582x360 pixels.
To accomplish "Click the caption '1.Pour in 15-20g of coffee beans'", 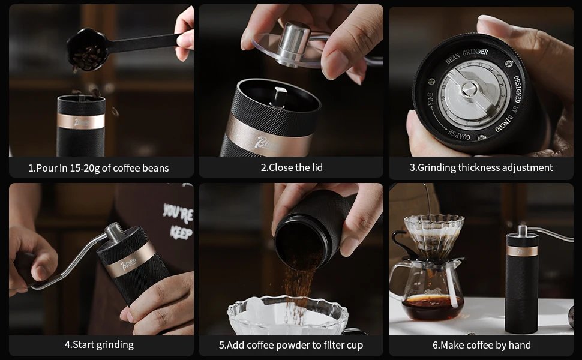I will [98, 168].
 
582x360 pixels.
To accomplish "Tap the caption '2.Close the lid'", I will [291, 168].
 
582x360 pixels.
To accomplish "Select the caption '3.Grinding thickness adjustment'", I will [481, 168].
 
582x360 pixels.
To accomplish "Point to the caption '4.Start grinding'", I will [99, 345].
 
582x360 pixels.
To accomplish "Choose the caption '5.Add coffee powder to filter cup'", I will [291, 345].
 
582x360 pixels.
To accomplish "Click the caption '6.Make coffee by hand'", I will [481, 345].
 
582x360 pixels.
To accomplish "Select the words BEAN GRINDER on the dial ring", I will [466, 57].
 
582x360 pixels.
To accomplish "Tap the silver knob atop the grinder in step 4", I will [115, 232].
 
